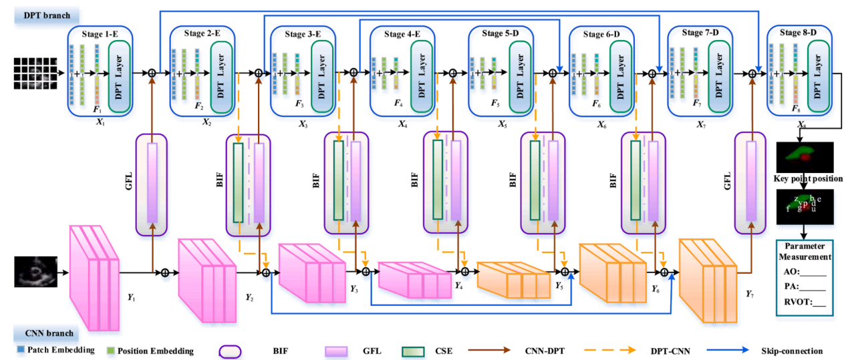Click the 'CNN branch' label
click(x=45, y=333)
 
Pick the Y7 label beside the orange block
click(x=750, y=293)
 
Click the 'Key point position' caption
click(x=803, y=179)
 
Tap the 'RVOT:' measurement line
click(x=805, y=301)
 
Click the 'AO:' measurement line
click(x=805, y=272)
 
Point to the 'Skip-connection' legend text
click(x=792, y=351)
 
